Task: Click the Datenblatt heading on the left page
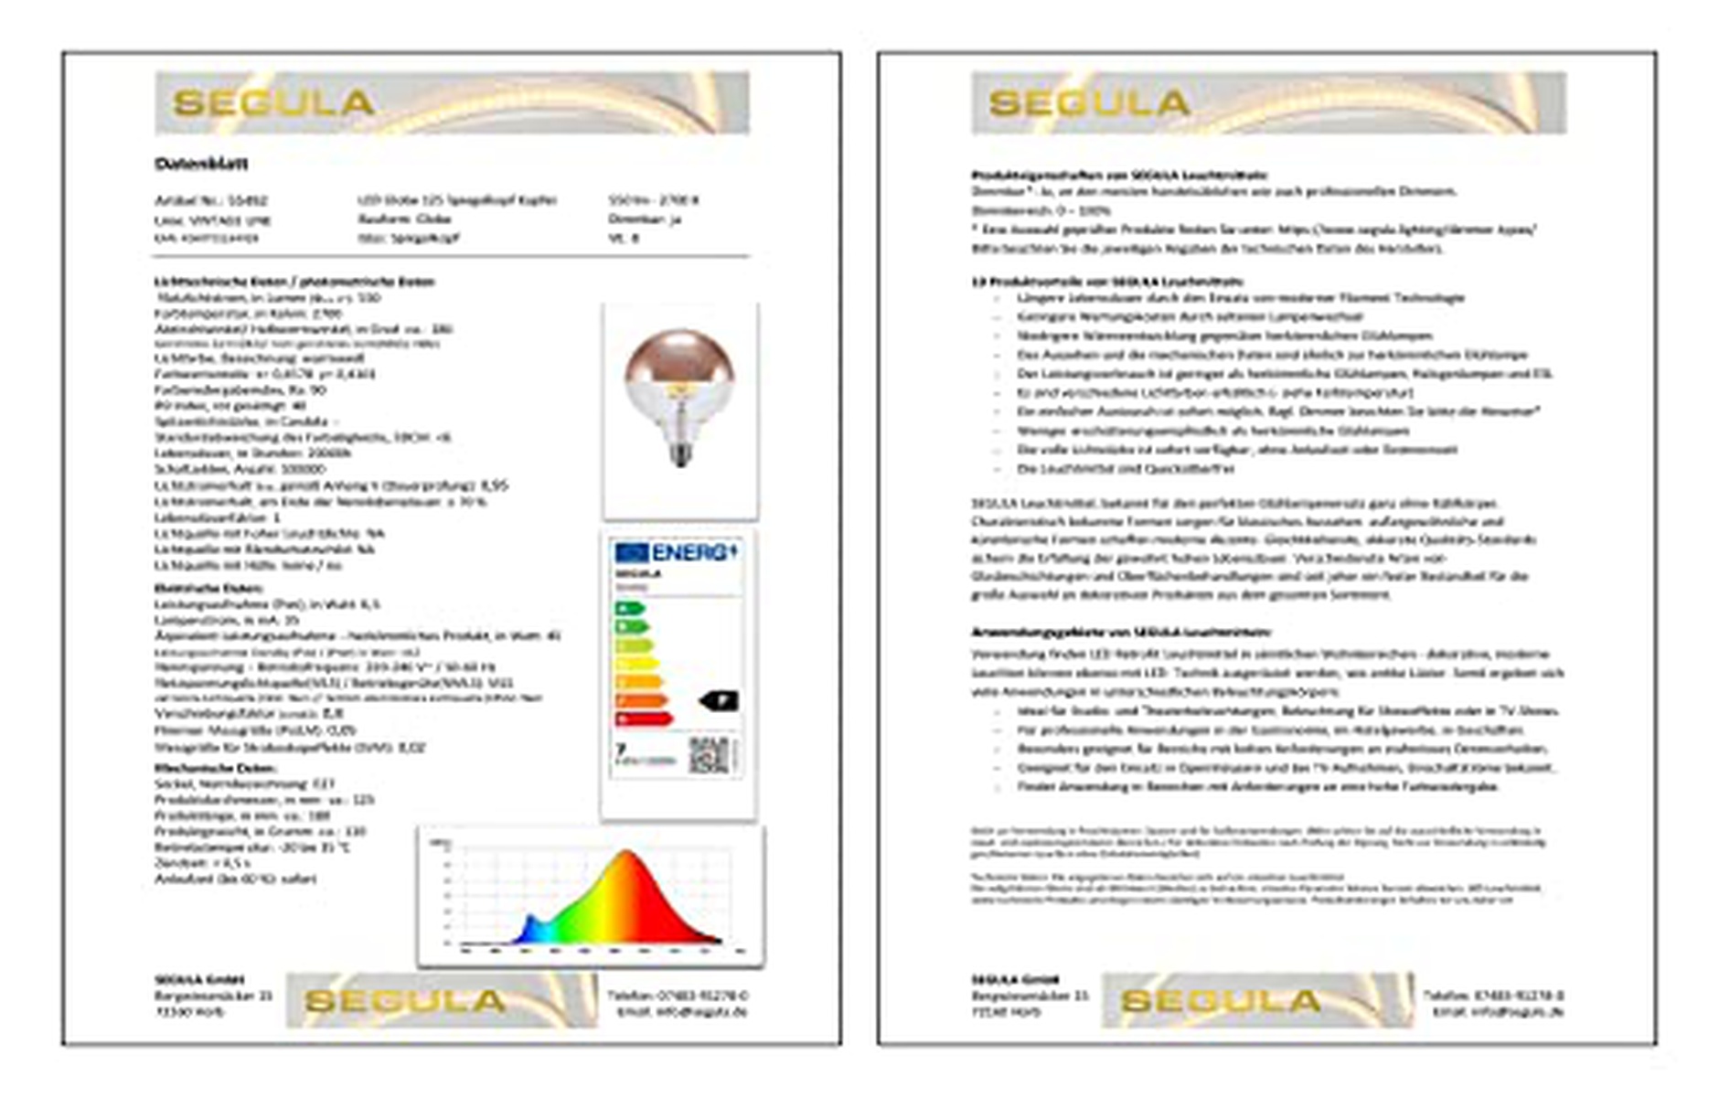coord(201,164)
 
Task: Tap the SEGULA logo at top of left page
coord(273,103)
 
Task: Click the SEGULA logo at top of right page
coord(1089,103)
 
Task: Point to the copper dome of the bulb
coord(678,357)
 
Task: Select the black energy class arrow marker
coord(719,701)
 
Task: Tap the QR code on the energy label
coord(710,755)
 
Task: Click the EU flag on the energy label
coord(631,552)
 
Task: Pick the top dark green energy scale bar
coord(630,609)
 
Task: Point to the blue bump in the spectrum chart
coord(529,925)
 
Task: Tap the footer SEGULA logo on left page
coord(405,1001)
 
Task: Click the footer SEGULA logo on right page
coord(1221,1001)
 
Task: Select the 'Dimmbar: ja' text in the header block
coord(645,219)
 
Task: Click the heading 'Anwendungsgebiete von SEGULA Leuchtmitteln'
coord(1120,632)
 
